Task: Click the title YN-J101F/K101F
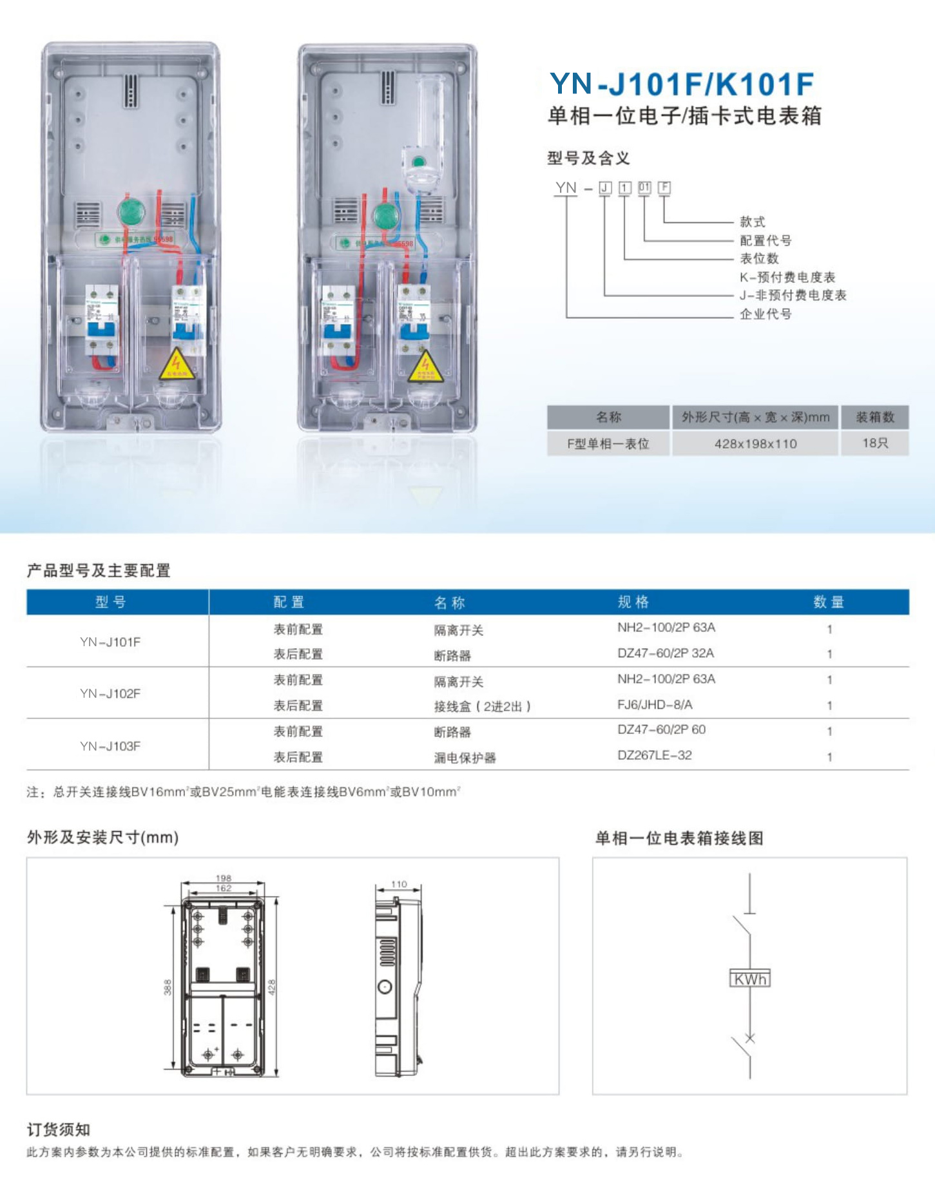point(682,84)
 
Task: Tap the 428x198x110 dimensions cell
point(755,444)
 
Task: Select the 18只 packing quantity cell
point(874,443)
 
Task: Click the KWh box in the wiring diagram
point(750,979)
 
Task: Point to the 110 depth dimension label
point(399,884)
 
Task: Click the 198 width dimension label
point(224,878)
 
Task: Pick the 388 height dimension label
point(168,987)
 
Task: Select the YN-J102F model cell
point(110,693)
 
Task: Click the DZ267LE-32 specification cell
point(654,755)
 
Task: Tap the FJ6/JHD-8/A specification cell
point(655,705)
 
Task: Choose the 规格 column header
point(633,602)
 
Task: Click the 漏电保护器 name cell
point(465,758)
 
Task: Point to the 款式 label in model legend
point(753,222)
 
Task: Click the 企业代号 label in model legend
point(766,314)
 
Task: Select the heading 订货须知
point(59,1129)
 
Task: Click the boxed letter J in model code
point(605,187)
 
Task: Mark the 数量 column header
point(829,602)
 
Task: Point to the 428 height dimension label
point(271,987)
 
